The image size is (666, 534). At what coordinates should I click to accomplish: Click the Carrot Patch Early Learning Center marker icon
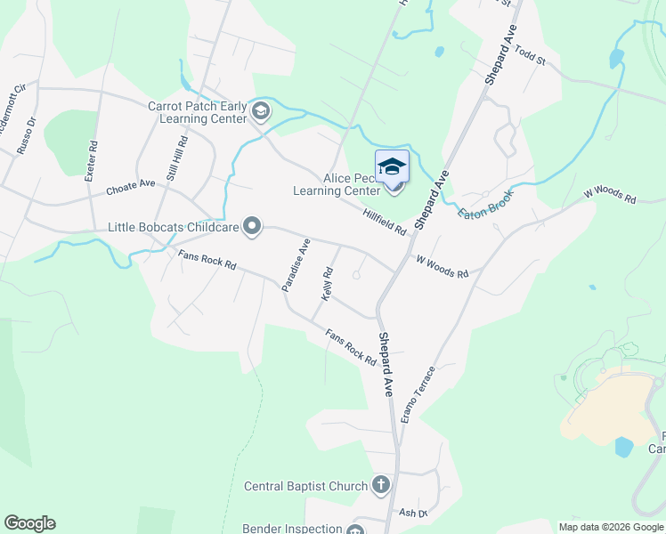(x=261, y=111)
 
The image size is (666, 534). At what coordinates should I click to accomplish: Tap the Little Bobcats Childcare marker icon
(x=252, y=227)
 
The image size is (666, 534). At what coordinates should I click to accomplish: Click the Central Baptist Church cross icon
(x=380, y=486)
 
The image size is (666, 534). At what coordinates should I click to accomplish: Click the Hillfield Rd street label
(x=385, y=222)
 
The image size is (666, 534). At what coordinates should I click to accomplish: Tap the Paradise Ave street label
(x=296, y=265)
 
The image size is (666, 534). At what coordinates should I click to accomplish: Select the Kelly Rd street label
(x=328, y=284)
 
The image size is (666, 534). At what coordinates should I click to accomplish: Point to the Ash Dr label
(x=413, y=513)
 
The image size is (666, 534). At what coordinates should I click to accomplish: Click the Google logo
(x=29, y=523)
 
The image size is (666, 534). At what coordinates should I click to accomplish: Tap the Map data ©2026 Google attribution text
(x=611, y=527)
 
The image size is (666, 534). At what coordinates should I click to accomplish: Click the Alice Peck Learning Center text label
(x=337, y=184)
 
